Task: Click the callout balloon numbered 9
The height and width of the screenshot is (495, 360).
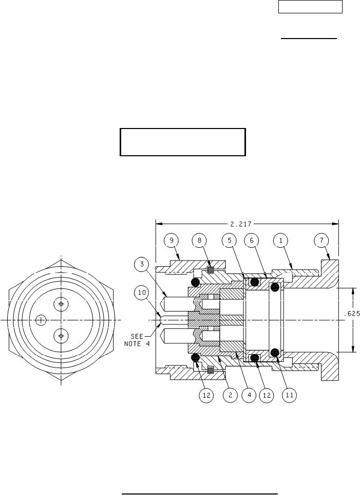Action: [x=172, y=241]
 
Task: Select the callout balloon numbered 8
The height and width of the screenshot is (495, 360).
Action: [x=200, y=241]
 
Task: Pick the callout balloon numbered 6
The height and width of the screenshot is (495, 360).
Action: [x=252, y=241]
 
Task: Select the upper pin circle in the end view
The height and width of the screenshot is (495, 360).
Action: [x=61, y=304]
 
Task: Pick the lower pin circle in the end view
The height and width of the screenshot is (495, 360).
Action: [x=61, y=336]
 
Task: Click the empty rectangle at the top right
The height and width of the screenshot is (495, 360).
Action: [x=310, y=7]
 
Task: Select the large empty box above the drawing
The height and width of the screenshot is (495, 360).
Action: [x=183, y=142]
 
